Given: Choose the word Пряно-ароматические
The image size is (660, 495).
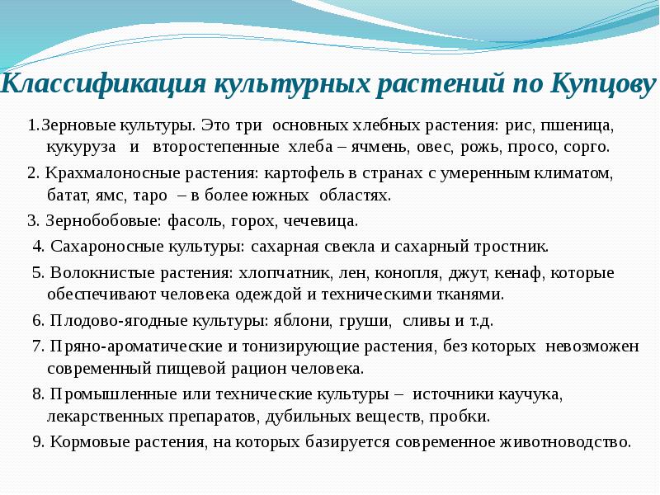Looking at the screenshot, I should pos(123,346).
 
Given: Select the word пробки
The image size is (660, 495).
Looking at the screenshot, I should pos(465,416).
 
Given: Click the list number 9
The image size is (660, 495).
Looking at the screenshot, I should pos(38,441).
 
